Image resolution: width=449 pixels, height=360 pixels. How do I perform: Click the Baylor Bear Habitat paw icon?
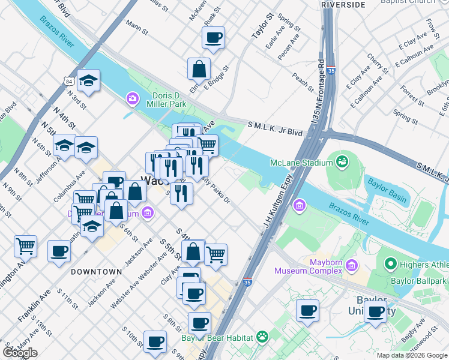pos(262,337)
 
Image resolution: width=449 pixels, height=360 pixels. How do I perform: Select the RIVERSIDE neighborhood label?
pos(343,4)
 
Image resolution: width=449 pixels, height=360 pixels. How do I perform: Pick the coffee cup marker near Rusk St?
pos(214,38)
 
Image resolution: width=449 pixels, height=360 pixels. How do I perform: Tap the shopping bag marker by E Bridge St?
pos(199,69)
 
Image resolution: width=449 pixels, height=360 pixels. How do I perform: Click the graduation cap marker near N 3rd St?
pos(89,81)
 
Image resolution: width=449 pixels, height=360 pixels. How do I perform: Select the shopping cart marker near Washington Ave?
pos(26,246)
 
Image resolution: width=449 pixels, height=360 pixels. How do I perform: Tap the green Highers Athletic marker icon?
pos(391,263)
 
